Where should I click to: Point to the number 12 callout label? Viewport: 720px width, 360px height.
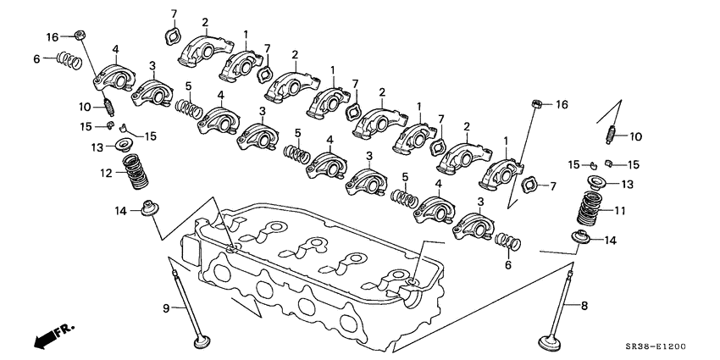pyautogui.click(x=107, y=174)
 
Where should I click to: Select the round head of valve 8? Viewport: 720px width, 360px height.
pyautogui.click(x=546, y=344)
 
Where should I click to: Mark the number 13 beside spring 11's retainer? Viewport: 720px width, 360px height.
pyautogui.click(x=627, y=185)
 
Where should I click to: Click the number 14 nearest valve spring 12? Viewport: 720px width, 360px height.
pyautogui.click(x=121, y=211)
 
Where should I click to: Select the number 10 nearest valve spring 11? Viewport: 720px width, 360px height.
pyautogui.click(x=635, y=136)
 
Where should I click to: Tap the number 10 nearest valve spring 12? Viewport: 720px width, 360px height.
pyautogui.click(x=85, y=107)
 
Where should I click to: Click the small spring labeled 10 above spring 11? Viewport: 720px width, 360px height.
pyautogui.click(x=611, y=132)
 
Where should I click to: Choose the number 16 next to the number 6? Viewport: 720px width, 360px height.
pyautogui.click(x=53, y=38)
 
